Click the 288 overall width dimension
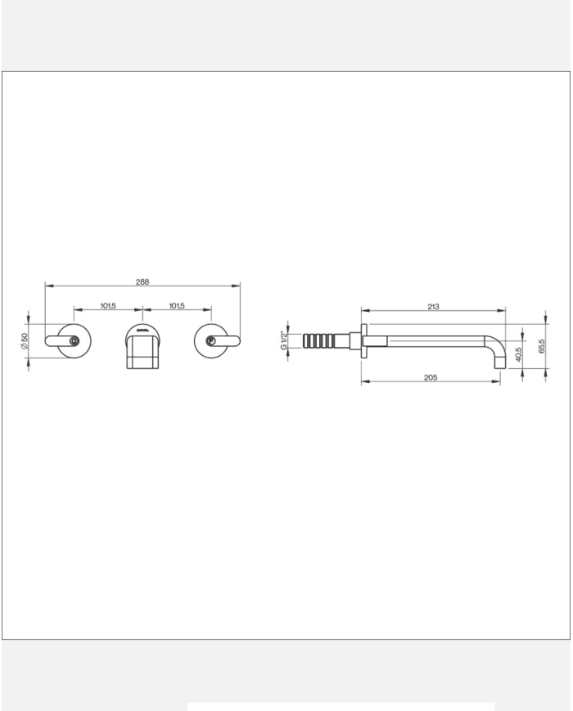pos(142,281)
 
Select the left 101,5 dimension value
pos(109,306)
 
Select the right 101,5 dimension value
pos(177,306)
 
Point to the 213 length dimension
pos(433,307)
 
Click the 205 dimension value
pos(431,377)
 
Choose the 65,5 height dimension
pos(541,345)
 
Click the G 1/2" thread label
pos(284,340)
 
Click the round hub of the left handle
pos(74,341)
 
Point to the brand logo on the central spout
pos(142,331)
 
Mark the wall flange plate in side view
pos(360,342)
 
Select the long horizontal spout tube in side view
pos(434,340)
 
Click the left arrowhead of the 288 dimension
pos(47,286)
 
